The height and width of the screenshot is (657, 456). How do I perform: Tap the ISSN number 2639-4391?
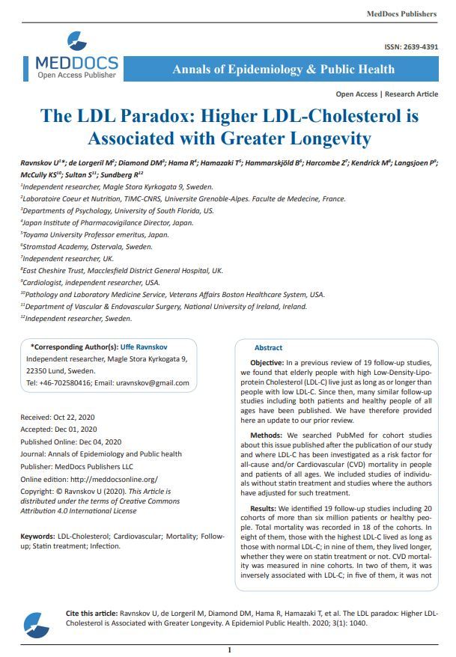(x=421, y=47)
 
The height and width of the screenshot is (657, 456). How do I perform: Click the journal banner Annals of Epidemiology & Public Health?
(x=283, y=70)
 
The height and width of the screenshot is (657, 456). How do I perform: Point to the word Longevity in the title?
(x=325, y=138)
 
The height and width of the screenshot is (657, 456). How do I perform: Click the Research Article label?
(x=411, y=94)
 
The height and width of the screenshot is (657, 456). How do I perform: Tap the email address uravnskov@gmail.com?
(x=153, y=382)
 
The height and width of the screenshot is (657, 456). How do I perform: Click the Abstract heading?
(x=268, y=348)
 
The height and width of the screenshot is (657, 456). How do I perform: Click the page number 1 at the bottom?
(x=229, y=650)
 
